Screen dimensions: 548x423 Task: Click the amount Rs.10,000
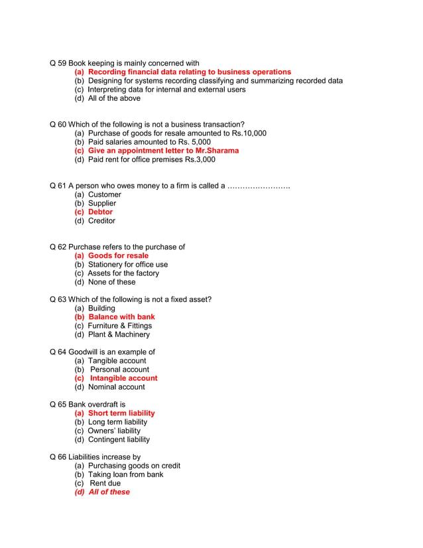tap(249, 133)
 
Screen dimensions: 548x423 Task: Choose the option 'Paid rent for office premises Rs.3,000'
tap(151, 159)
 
